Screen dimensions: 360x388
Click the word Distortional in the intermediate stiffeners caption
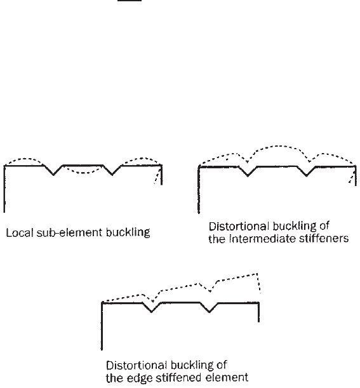click(x=239, y=226)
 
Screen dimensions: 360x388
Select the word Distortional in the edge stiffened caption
click(x=137, y=365)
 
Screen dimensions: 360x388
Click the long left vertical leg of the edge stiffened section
click(x=102, y=326)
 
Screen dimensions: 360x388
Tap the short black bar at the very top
click(x=130, y=1)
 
